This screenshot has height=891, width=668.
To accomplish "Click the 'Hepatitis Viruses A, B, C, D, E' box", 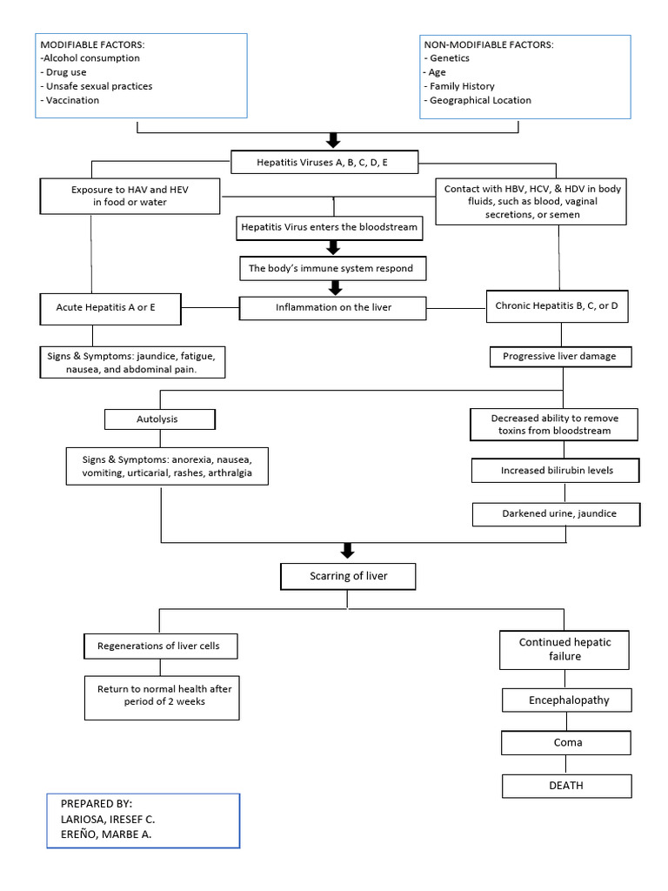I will (x=324, y=161).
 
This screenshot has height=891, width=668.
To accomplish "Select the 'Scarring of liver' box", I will (x=347, y=576).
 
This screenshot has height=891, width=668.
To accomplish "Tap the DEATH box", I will (x=566, y=785).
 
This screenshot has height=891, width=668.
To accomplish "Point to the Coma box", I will (x=566, y=743).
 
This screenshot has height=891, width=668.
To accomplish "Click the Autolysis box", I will (x=160, y=419).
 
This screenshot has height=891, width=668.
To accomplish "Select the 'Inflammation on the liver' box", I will (x=333, y=307).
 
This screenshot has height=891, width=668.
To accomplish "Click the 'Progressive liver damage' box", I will (x=560, y=356).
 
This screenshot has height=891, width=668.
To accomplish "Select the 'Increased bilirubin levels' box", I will (x=557, y=471).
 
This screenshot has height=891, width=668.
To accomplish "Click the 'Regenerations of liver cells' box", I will (x=160, y=646).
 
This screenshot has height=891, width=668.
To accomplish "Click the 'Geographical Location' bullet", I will (x=478, y=100).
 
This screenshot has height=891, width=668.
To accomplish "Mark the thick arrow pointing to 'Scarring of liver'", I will (x=347, y=550).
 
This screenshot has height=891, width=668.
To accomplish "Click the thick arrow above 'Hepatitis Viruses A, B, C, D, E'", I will (x=331, y=140).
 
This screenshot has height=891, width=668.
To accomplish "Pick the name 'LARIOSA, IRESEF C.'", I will (x=108, y=819).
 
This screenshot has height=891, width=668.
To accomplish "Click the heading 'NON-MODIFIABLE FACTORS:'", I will (x=488, y=44).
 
